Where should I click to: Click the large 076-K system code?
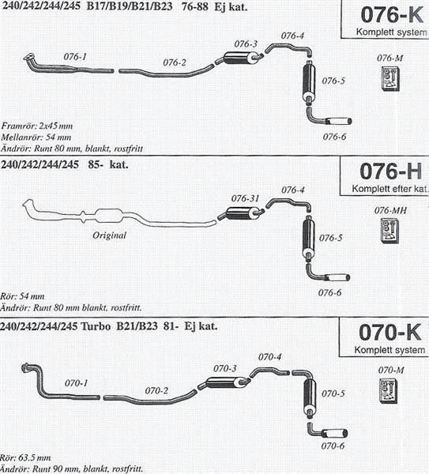point(392,15)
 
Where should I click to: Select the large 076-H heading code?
point(390,171)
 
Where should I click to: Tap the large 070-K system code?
point(390,333)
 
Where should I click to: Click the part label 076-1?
point(75,57)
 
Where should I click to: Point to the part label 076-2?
point(175,62)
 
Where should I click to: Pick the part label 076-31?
point(245,198)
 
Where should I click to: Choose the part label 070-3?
point(225,368)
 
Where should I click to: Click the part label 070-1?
point(76,383)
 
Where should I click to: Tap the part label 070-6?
point(333,446)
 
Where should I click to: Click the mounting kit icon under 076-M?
point(390,78)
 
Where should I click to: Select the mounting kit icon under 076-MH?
point(389,231)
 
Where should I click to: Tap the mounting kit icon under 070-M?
point(388,391)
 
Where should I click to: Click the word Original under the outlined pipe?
point(110,235)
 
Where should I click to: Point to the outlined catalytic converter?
point(109,215)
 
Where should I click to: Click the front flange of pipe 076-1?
point(29,57)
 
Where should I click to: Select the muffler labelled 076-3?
point(240,58)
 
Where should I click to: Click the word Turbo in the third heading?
point(96,326)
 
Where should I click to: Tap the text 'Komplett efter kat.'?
point(390,189)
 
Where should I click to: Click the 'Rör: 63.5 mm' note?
point(25,457)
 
